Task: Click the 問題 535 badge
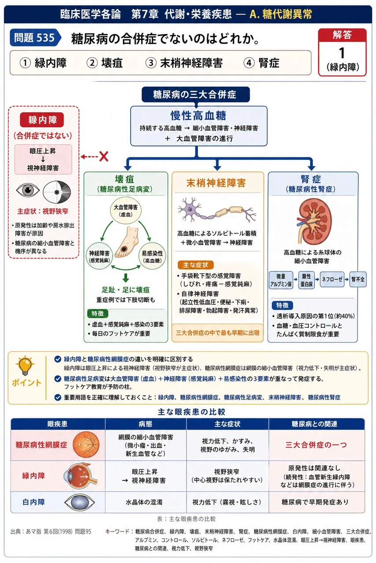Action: click(35, 38)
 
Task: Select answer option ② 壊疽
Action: click(104, 63)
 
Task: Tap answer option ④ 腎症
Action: click(261, 63)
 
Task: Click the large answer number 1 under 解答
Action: click(342, 53)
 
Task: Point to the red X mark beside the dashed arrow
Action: click(104, 157)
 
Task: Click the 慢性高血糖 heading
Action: click(198, 116)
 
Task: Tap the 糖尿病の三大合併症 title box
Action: click(196, 95)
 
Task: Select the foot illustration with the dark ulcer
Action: click(127, 242)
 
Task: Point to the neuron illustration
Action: click(216, 209)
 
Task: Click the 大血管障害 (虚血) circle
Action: click(126, 210)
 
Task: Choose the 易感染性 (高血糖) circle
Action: click(153, 256)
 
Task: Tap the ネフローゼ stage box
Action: click(332, 279)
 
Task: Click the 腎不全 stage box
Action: click(358, 279)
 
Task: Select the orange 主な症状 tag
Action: click(196, 265)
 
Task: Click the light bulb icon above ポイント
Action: click(25, 366)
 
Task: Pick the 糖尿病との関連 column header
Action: click(317, 424)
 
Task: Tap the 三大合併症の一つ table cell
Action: click(316, 445)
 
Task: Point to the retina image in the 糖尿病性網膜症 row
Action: click(86, 445)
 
